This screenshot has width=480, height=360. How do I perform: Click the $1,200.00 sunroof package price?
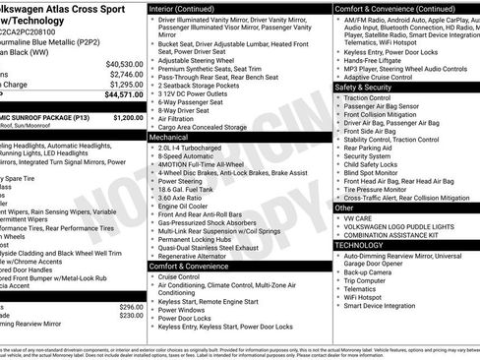coord(128,117)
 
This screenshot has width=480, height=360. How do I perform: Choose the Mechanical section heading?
coord(169,139)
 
